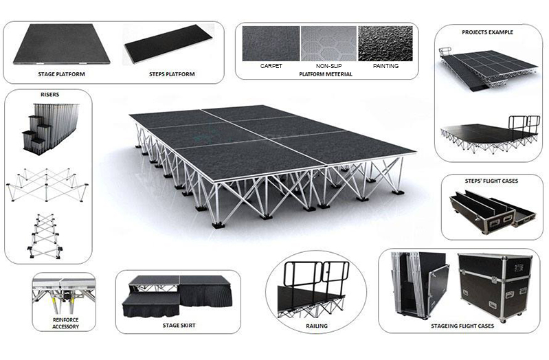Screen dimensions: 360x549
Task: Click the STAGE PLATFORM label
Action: (x=62, y=74)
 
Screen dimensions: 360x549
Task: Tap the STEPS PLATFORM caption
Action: (x=172, y=74)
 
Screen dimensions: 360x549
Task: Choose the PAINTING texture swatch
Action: (x=385, y=44)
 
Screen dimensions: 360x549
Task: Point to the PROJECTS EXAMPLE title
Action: (x=488, y=32)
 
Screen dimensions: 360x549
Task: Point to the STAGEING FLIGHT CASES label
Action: (x=458, y=326)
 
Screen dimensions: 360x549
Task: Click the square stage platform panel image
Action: (x=62, y=44)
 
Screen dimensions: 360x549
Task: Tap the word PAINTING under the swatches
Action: (x=385, y=67)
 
